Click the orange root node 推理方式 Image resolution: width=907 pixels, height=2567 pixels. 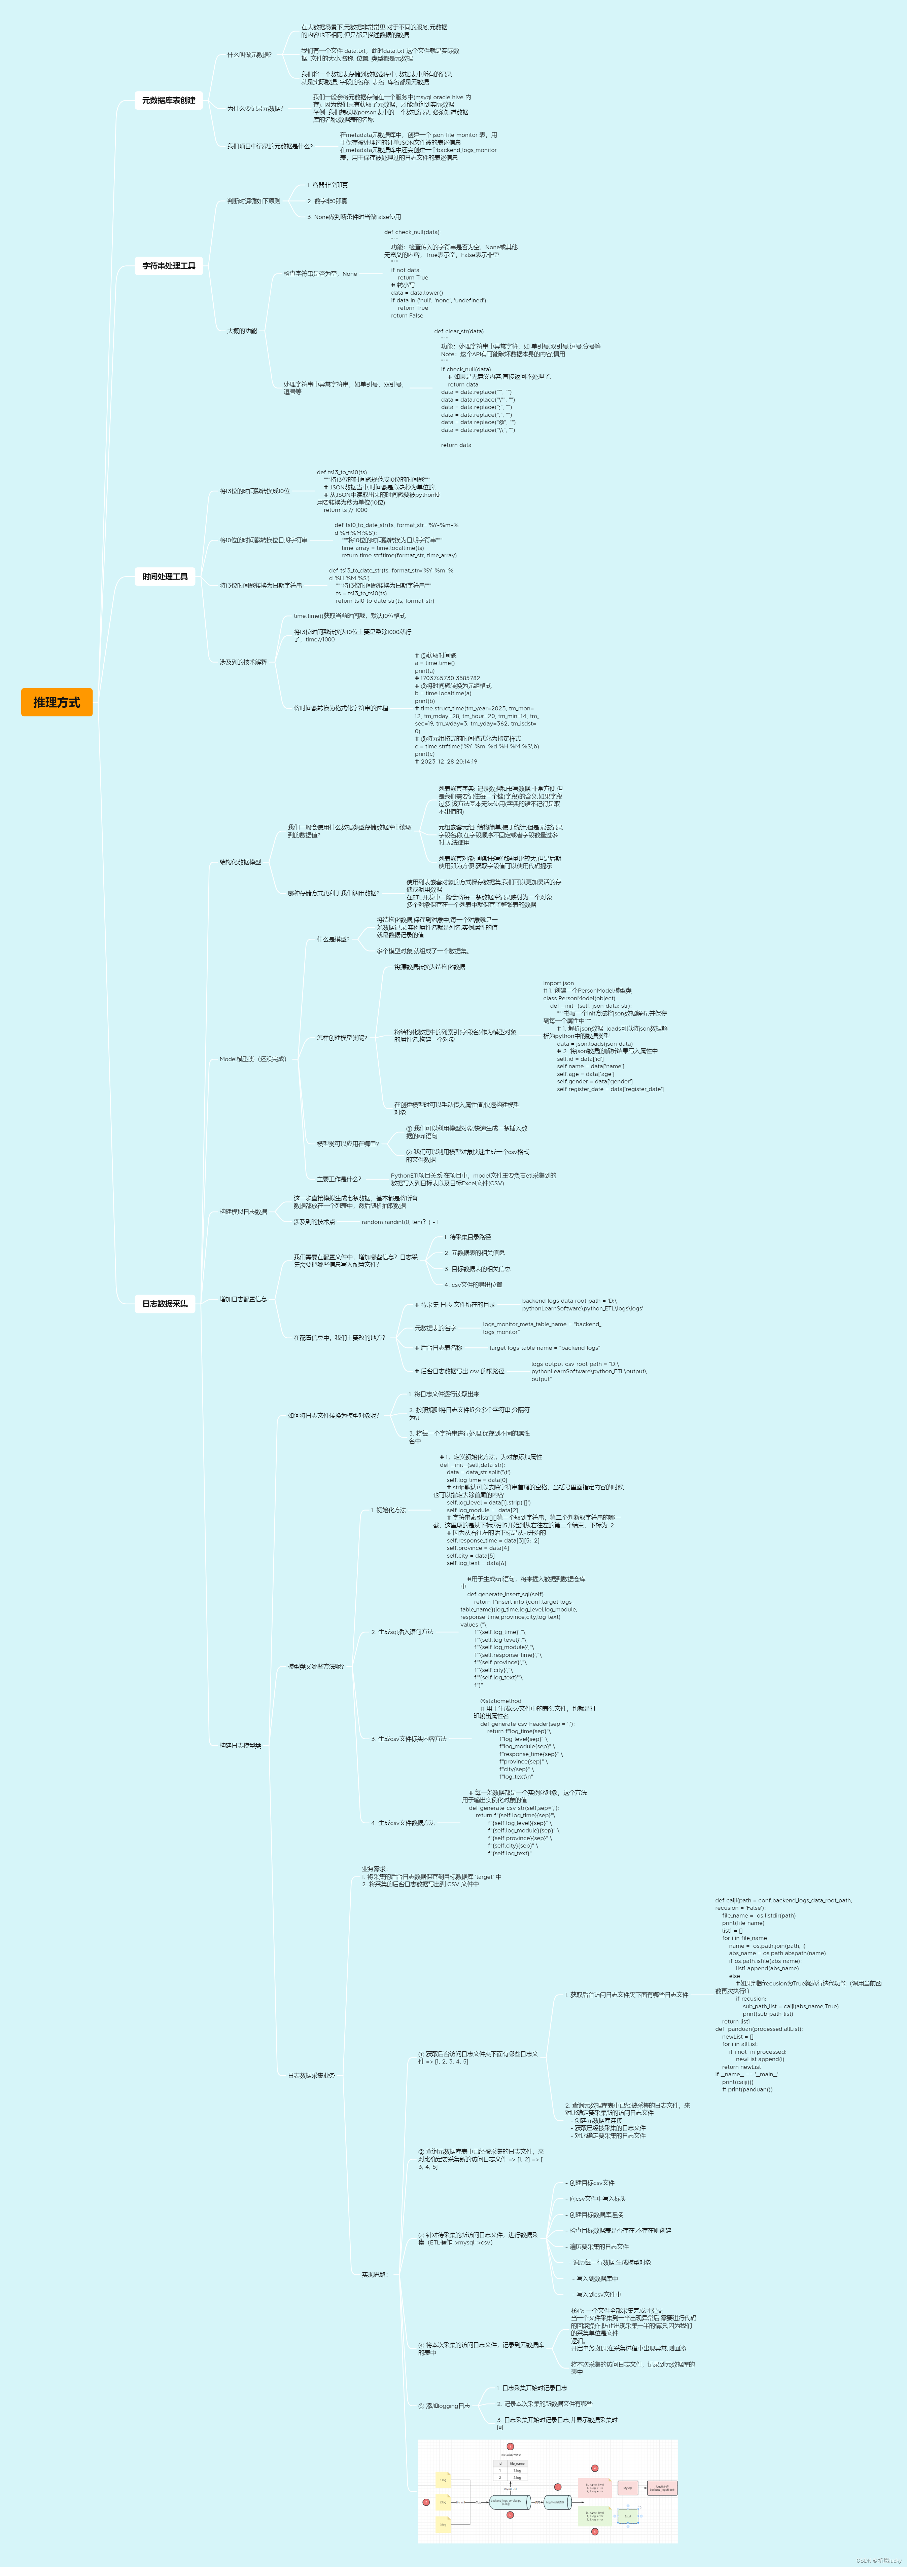57,703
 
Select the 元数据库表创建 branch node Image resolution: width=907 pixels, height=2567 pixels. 168,101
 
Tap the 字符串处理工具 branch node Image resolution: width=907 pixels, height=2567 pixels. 168,266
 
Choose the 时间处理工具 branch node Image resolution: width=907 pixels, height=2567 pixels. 165,577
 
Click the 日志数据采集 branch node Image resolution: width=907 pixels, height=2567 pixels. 165,1303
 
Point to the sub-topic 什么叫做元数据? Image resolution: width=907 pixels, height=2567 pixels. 249,55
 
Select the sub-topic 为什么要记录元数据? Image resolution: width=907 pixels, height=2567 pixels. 255,109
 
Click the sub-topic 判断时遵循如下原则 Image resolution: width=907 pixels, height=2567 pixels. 253,201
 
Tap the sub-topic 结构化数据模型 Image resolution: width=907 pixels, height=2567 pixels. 240,862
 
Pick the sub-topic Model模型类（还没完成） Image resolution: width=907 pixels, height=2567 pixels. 252,1059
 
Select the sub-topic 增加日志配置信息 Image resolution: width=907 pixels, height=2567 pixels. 243,1299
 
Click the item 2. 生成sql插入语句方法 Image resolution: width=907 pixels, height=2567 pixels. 403,1632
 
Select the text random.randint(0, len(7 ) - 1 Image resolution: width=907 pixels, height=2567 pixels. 400,1222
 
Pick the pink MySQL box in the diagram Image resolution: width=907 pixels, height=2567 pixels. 594,2488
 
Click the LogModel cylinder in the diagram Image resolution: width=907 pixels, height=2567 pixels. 506,2501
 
